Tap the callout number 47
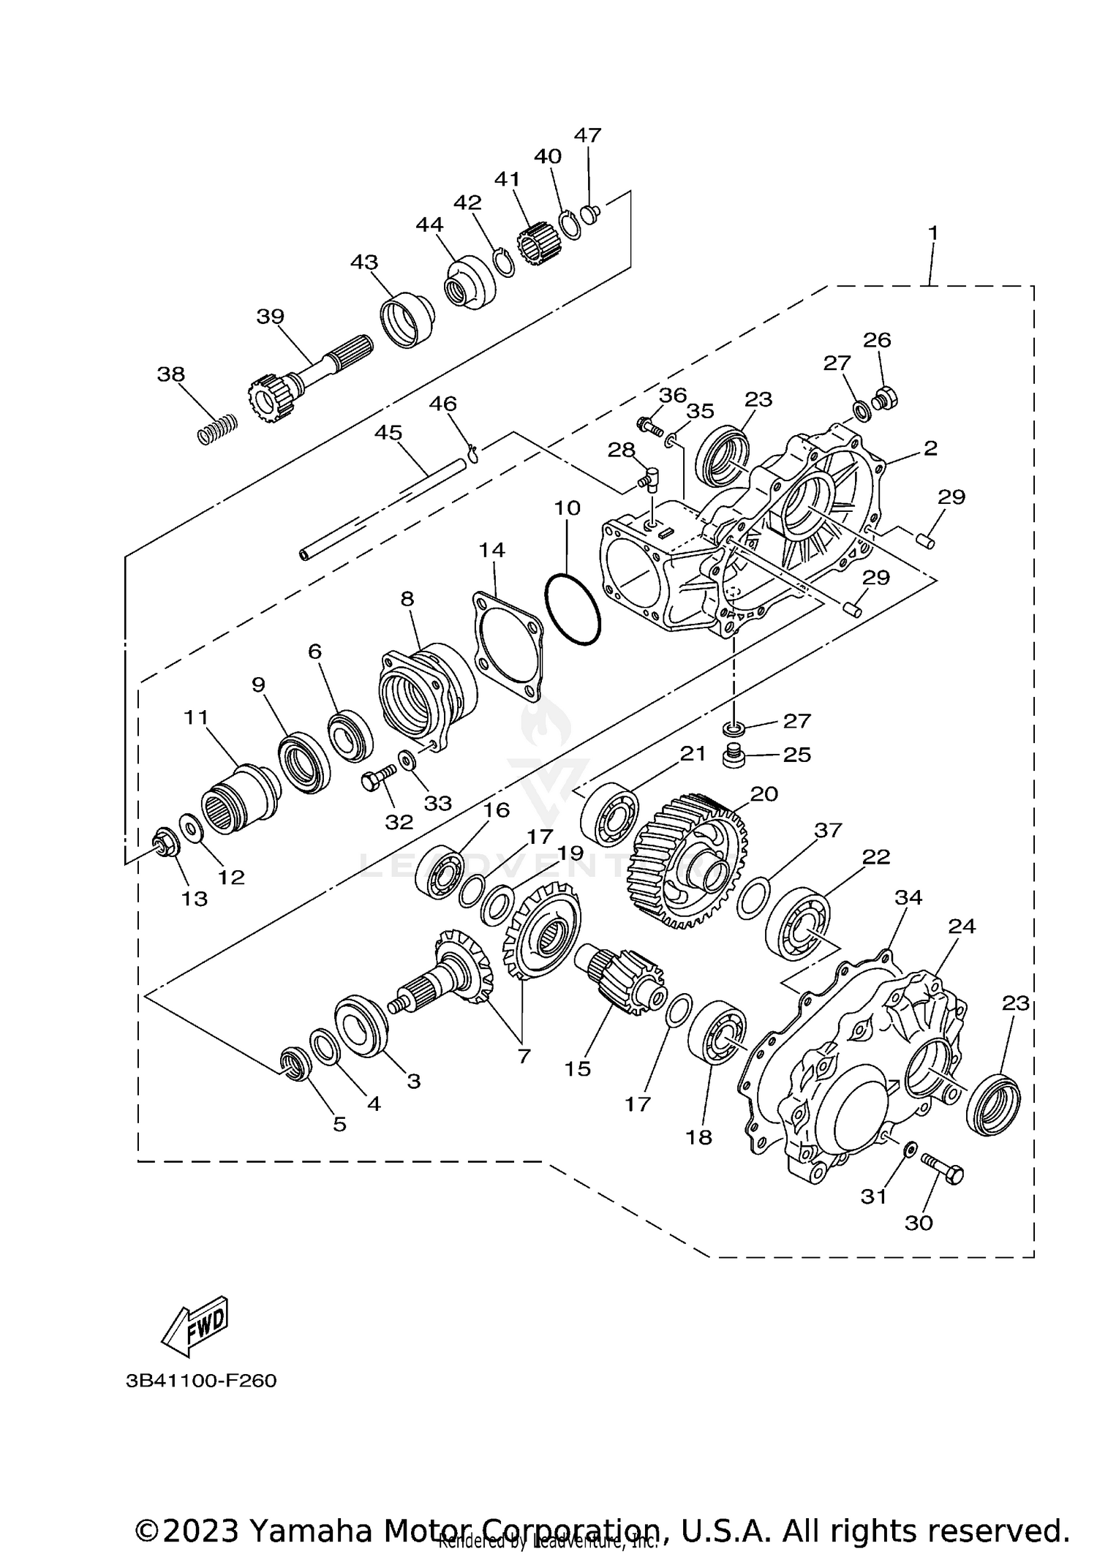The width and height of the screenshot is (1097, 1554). pyautogui.click(x=587, y=135)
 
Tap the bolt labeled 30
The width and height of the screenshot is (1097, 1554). pyautogui.click(x=942, y=1170)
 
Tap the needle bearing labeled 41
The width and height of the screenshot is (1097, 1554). pyautogui.click(x=538, y=244)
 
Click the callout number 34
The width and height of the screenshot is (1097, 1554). pyautogui.click(x=908, y=897)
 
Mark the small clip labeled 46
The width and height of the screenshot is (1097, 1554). pyautogui.click(x=473, y=453)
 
